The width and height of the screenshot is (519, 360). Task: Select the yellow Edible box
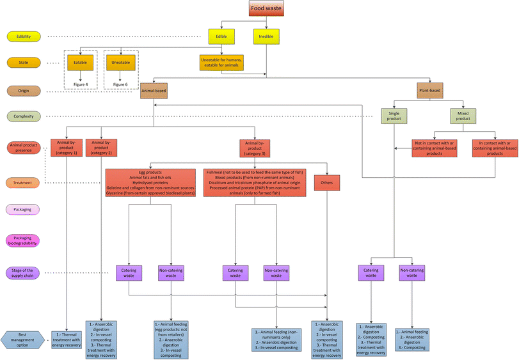tap(221, 36)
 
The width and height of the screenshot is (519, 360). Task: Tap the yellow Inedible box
tap(266, 36)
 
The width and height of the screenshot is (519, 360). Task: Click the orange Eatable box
tap(81, 62)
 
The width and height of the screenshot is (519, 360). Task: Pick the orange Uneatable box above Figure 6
tap(117, 62)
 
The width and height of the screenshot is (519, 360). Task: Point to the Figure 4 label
tap(81, 84)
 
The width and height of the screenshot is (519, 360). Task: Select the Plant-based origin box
tap(430, 90)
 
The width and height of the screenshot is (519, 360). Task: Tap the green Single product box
tap(395, 116)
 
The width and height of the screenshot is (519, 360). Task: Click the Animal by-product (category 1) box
tap(67, 148)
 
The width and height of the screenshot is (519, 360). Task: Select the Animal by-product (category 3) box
tap(255, 148)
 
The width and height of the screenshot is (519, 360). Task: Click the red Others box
tap(326, 183)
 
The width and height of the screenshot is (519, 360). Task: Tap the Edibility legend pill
tap(24, 36)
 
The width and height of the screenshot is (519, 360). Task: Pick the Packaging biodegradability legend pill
tap(24, 239)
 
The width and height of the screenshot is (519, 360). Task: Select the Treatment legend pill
tap(24, 183)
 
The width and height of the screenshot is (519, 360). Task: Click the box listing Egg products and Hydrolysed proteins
tap(150, 183)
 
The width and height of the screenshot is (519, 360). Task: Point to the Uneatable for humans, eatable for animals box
tap(221, 63)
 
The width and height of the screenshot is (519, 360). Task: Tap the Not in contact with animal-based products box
tap(435, 148)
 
